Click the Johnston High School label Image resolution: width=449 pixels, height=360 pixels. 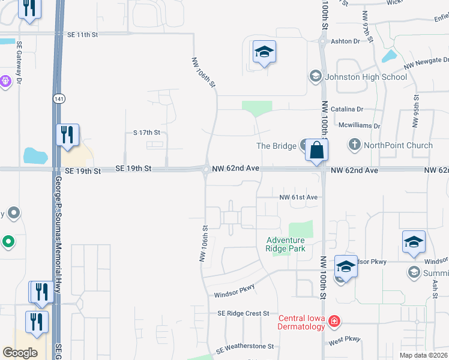point(366,77)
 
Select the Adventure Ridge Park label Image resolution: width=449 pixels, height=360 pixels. point(286,244)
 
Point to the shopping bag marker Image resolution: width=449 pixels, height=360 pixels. point(316,150)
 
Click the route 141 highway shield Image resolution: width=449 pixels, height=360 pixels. point(58,98)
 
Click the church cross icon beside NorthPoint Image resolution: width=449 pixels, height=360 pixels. point(354,145)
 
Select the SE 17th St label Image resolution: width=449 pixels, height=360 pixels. point(146,132)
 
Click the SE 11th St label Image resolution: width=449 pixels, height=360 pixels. point(82,35)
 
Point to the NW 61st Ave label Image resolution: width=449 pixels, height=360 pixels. point(298,197)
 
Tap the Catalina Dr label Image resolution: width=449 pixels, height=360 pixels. point(352,110)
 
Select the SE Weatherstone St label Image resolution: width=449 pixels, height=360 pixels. point(245,347)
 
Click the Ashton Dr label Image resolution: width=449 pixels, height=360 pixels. point(348,41)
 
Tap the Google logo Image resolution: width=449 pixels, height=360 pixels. point(20,353)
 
